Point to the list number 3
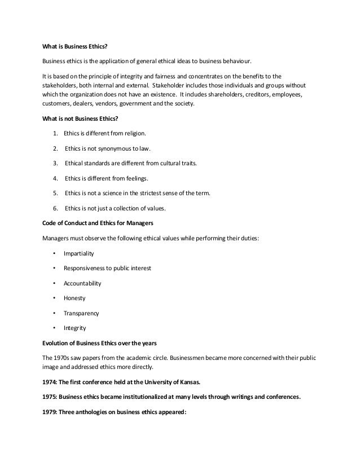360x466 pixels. pos(55,164)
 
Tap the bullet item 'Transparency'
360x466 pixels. pos(81,313)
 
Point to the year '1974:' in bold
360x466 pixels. pos(51,381)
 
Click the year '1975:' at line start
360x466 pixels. pos(51,395)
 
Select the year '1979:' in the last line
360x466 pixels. pos(51,411)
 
